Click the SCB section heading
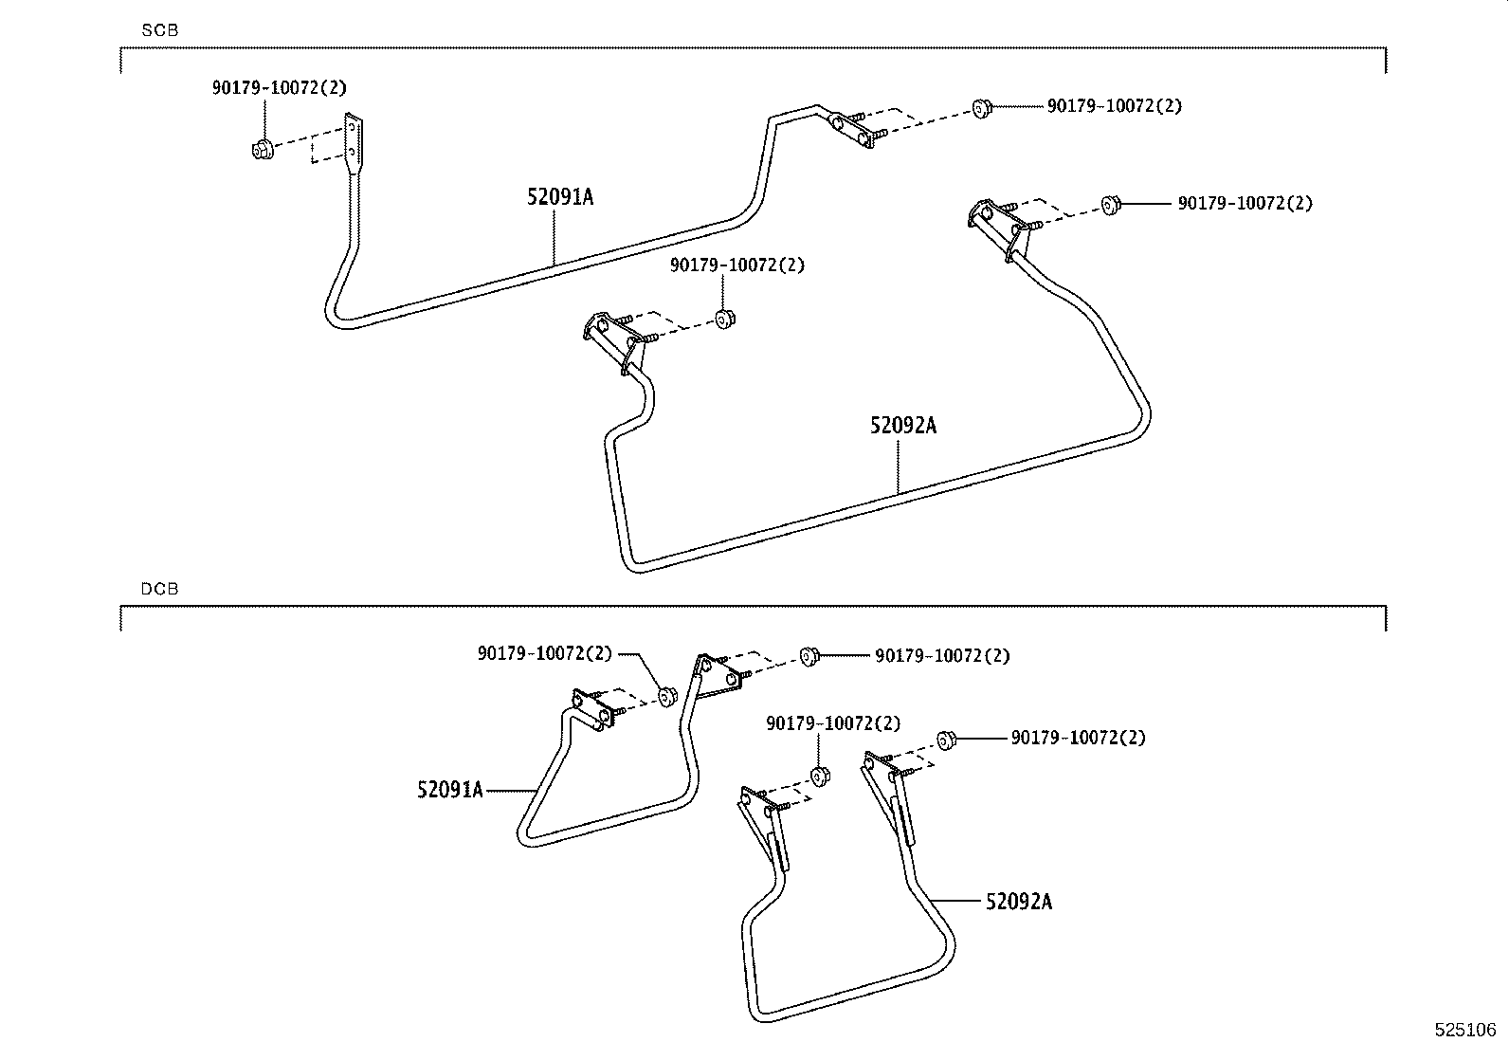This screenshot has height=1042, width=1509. [159, 30]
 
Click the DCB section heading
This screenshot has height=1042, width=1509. [159, 589]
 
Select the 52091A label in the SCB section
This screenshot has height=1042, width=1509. [560, 197]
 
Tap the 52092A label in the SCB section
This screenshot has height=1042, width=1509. [903, 426]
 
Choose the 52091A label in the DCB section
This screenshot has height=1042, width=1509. [449, 789]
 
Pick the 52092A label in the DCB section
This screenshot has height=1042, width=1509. [1018, 901]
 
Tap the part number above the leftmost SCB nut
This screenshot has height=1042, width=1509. [279, 87]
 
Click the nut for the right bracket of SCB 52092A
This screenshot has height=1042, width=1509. [1111, 204]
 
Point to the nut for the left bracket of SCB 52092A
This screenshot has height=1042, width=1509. [725, 320]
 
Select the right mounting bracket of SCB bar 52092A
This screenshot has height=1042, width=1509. [998, 225]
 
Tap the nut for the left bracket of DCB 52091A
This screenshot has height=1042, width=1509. [666, 697]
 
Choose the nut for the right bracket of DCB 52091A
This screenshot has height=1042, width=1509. [809, 655]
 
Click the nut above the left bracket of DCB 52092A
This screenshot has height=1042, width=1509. [821, 776]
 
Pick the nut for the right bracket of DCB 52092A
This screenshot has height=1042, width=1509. [945, 739]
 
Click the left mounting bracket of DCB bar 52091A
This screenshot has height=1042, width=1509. [591, 708]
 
